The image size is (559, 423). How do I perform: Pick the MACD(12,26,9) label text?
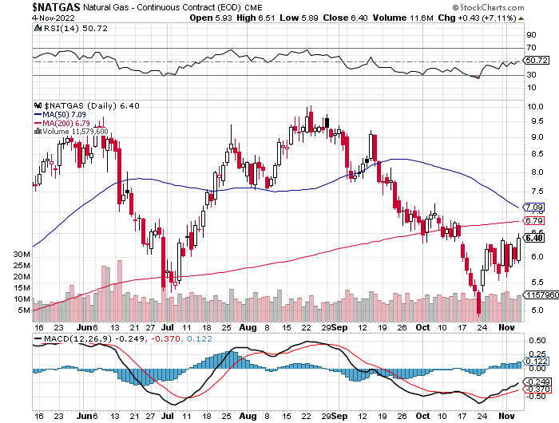71,338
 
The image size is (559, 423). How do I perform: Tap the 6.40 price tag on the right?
534,238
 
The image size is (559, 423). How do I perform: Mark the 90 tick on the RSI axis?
529,35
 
